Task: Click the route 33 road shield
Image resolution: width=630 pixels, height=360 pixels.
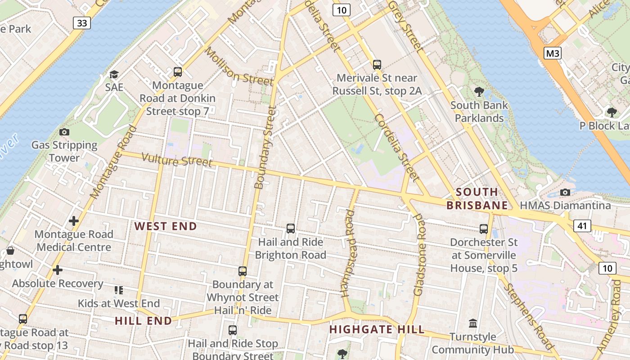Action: [82, 23]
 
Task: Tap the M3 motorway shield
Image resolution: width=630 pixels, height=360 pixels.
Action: [553, 54]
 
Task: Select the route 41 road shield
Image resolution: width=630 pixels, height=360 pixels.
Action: [582, 225]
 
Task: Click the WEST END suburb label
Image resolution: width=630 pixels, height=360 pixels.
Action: [166, 226]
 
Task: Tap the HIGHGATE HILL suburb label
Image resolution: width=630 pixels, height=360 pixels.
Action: [377, 329]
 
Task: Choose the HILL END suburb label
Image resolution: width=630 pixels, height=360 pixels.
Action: [143, 321]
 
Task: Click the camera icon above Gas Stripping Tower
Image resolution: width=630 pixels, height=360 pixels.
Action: [64, 132]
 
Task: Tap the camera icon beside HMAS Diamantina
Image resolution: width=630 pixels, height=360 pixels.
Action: [565, 192]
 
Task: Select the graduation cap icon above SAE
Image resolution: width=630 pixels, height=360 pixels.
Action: [114, 74]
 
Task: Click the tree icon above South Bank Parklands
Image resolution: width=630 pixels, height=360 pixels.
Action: [479, 92]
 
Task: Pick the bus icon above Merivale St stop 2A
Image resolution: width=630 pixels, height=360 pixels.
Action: [377, 65]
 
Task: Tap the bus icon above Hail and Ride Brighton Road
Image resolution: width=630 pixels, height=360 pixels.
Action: [291, 229]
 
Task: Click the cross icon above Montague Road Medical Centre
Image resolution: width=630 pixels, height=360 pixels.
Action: [74, 221]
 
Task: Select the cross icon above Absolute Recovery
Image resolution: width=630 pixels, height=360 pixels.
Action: [58, 270]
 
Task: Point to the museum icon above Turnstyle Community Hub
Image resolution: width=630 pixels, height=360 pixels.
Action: [473, 323]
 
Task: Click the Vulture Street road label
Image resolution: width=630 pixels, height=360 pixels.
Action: [177, 160]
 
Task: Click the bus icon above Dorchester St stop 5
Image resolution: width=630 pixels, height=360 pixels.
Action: [484, 229]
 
